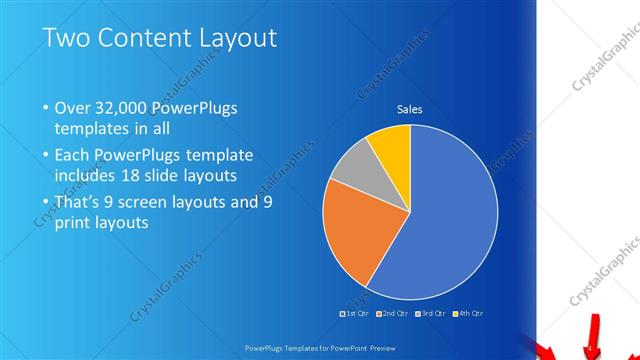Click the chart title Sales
410,109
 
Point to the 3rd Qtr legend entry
431,313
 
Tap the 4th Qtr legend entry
469,313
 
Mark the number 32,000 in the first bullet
117,108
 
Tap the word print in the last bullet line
74,223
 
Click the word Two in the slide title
65,39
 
